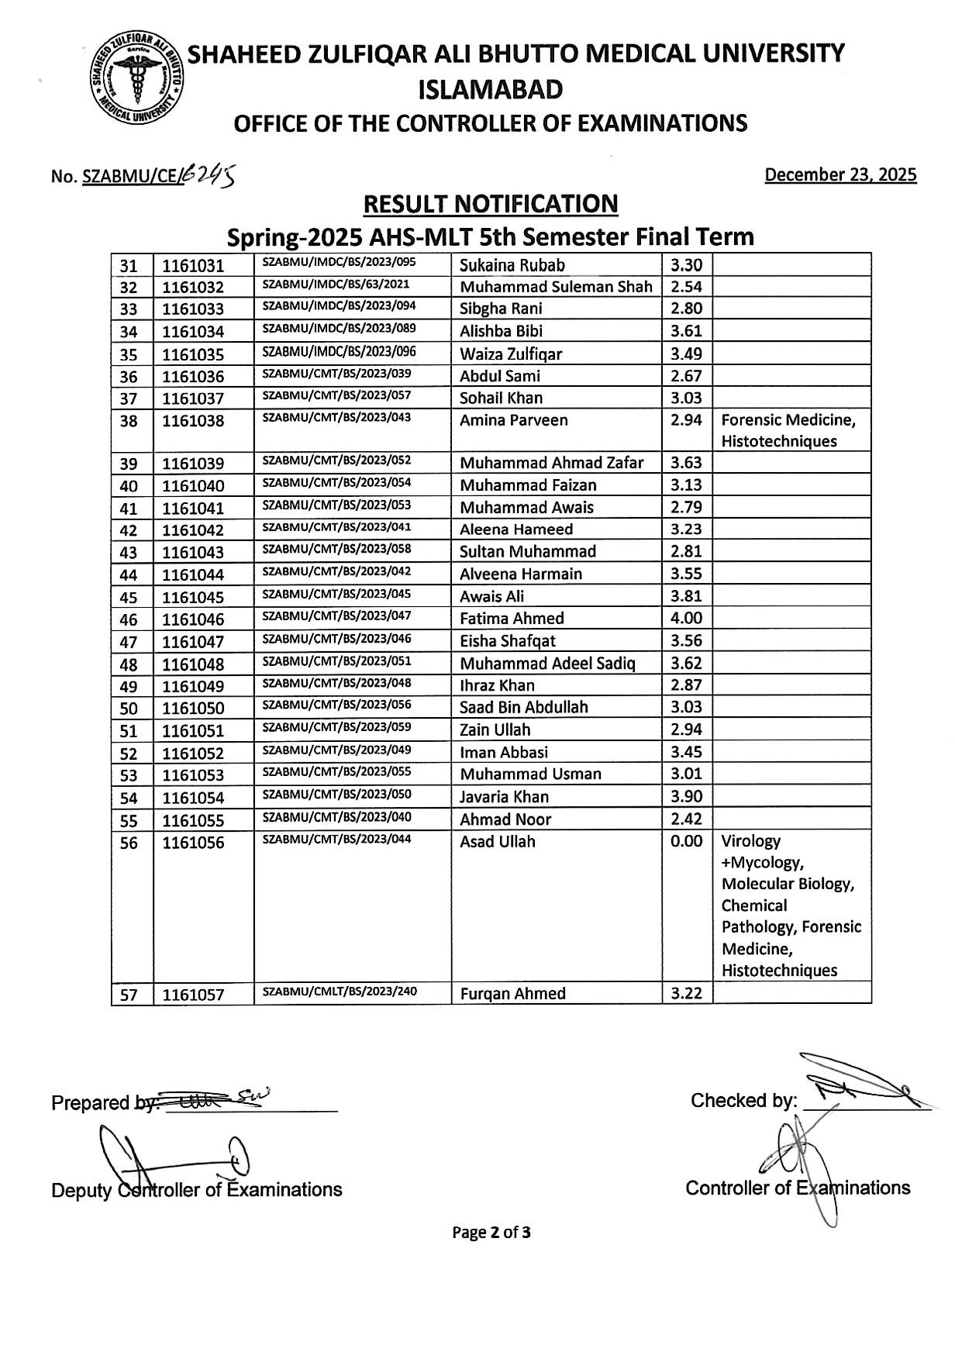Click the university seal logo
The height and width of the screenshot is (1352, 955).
(x=136, y=79)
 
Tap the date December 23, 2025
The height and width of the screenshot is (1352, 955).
(x=840, y=175)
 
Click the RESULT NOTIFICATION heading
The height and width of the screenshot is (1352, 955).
(x=491, y=204)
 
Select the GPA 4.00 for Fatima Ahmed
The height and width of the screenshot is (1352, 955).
(x=686, y=618)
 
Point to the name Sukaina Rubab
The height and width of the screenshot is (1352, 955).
(x=512, y=265)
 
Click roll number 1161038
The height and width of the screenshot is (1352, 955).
(x=192, y=421)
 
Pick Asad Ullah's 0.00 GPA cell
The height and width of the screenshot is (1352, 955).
(x=686, y=842)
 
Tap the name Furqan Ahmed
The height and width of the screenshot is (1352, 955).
(x=512, y=994)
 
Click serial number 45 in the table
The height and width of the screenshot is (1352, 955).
(x=129, y=598)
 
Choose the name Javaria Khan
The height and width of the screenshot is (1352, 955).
(x=504, y=797)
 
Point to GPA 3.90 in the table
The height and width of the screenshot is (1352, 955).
(x=686, y=796)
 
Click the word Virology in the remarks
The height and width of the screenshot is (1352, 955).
(x=750, y=841)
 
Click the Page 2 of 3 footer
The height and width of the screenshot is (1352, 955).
(x=491, y=1233)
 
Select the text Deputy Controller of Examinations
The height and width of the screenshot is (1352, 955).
(x=196, y=1190)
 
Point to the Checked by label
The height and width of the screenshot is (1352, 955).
(x=743, y=1101)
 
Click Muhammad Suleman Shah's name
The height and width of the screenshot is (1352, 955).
(x=556, y=287)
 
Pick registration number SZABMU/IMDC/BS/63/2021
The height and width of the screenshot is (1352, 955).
(x=336, y=285)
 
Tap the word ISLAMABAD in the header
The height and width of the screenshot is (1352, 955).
(x=491, y=91)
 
